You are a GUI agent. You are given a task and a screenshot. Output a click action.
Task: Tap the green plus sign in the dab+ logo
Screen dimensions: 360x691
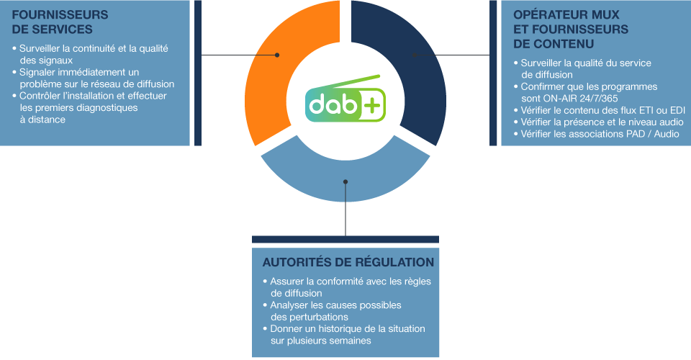coord(372,106)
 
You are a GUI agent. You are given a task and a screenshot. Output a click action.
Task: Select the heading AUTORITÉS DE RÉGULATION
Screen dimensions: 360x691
coord(348,262)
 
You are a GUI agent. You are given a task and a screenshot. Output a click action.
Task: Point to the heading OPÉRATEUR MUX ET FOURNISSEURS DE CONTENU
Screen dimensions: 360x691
coord(571,29)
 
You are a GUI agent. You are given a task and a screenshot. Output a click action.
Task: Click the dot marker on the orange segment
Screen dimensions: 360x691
coord(277,55)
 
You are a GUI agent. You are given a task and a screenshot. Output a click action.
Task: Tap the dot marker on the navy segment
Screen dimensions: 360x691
coord(414,55)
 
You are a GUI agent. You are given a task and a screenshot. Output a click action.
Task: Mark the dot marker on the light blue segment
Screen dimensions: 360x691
coord(345,181)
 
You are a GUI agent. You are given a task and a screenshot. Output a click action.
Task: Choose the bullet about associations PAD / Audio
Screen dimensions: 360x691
coord(600,134)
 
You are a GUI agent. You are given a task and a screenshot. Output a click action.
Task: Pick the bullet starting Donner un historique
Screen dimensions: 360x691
coord(346,334)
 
